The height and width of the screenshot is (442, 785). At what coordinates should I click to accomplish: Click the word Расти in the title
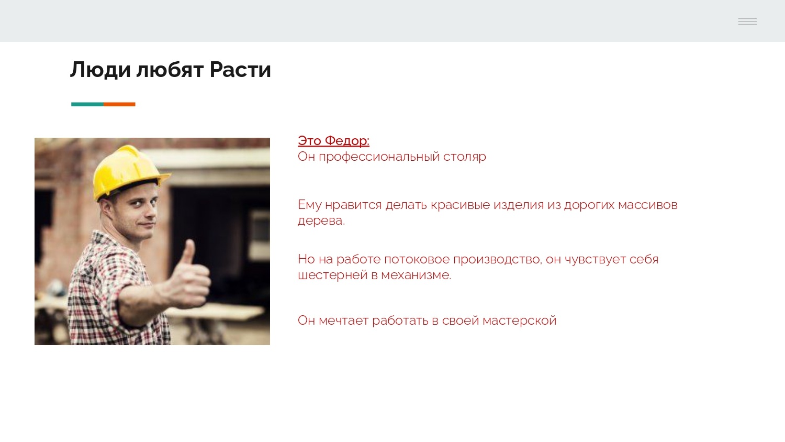click(240, 70)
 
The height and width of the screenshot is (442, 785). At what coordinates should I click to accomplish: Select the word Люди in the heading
click(100, 70)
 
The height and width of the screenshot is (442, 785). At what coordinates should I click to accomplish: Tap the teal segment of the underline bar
click(87, 104)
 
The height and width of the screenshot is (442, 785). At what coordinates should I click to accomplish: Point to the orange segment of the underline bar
click(119, 104)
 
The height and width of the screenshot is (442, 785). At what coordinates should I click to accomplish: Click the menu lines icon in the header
click(747, 21)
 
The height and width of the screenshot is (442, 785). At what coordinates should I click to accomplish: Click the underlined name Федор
click(347, 141)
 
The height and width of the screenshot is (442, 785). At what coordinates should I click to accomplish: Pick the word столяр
click(465, 157)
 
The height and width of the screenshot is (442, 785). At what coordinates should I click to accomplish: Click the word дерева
click(320, 220)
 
